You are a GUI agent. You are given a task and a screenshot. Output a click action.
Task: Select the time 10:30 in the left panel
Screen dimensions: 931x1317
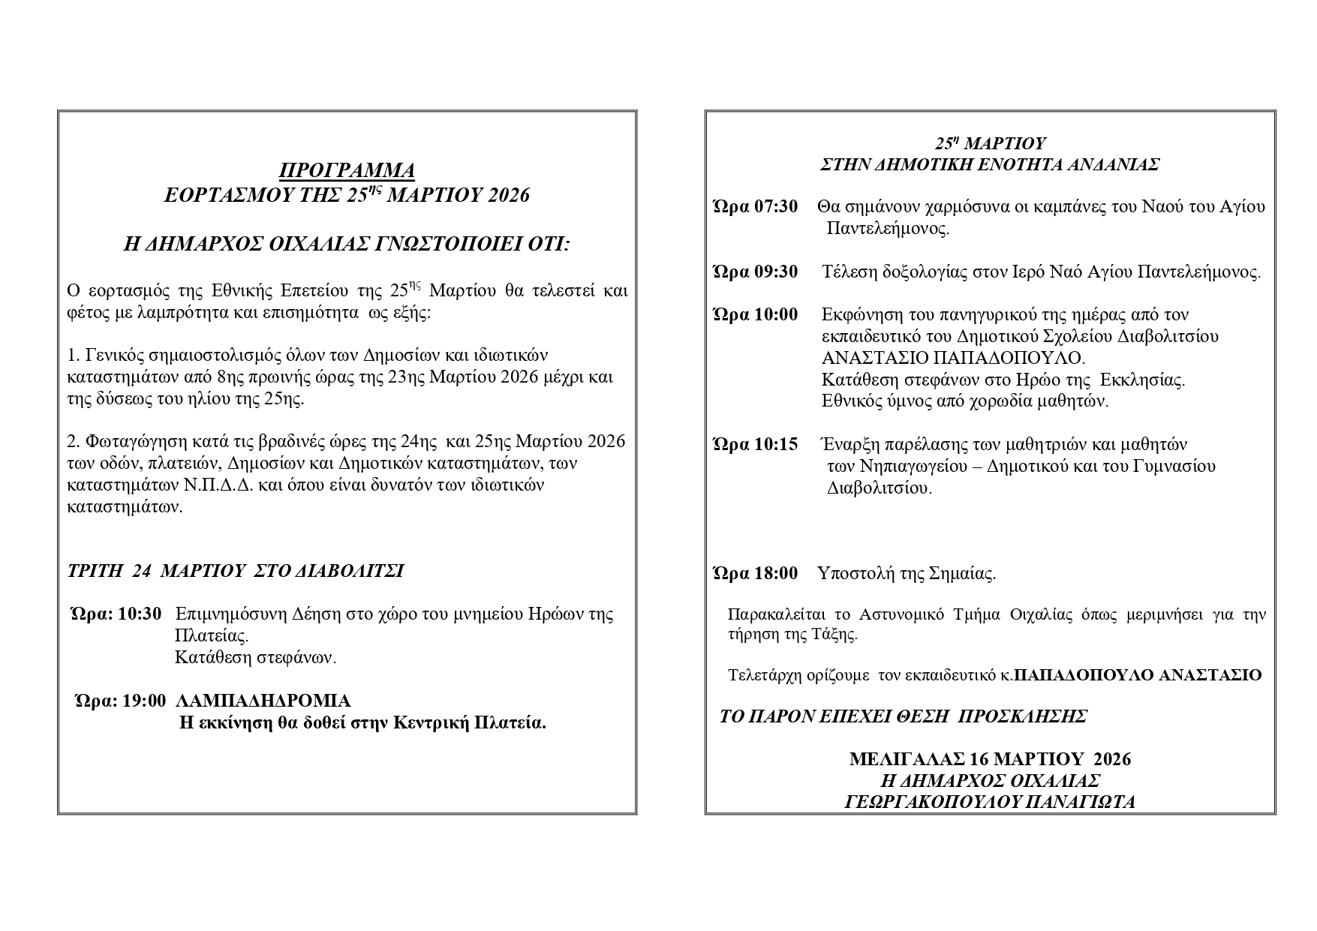coord(140,614)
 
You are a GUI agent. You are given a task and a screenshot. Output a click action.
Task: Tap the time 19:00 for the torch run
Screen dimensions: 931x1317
coord(143,701)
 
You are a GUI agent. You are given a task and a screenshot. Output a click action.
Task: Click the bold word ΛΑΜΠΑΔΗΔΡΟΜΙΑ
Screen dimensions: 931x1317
coord(263,701)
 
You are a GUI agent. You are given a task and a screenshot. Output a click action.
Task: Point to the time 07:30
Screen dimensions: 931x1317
coord(776,206)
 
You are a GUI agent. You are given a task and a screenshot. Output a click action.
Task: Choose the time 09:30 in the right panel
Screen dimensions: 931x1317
coord(776,272)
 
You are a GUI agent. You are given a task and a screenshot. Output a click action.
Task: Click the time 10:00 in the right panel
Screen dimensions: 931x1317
coord(776,314)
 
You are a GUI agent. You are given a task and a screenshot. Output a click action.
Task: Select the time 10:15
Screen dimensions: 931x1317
coord(776,444)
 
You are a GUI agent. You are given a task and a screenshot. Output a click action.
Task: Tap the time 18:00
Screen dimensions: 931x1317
coord(776,574)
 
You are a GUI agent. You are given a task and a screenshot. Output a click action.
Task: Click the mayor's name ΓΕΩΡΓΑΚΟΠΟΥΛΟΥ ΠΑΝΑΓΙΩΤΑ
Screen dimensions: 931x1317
coord(990,802)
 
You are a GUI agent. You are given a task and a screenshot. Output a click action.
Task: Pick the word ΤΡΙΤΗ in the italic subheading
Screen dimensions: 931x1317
coord(95,571)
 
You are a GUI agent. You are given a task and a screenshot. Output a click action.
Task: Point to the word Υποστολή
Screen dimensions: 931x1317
coord(852,574)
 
